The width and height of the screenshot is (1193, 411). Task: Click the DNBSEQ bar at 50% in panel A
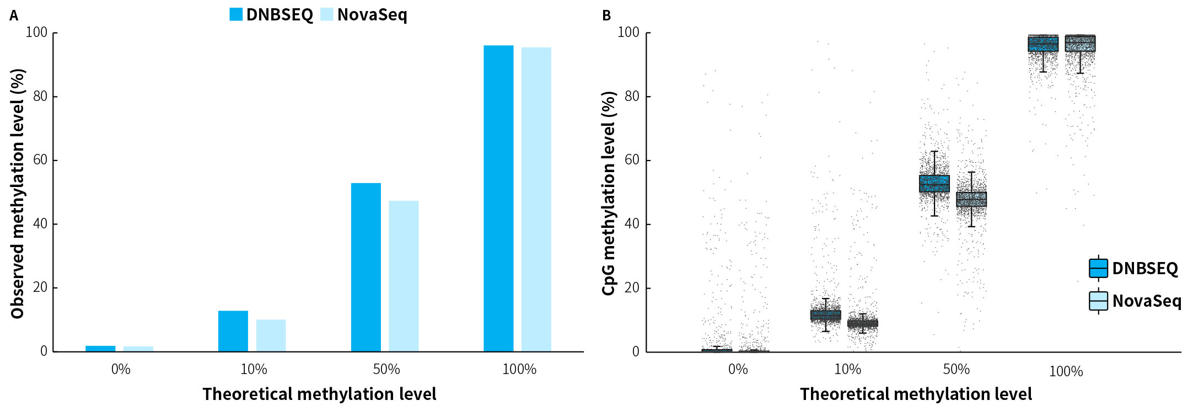tap(366, 267)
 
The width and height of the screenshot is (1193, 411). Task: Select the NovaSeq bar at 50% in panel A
tap(404, 276)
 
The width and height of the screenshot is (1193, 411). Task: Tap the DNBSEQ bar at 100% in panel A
tap(498, 199)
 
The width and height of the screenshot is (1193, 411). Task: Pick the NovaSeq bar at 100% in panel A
tap(536, 200)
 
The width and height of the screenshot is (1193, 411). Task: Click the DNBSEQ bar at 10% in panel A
tap(233, 331)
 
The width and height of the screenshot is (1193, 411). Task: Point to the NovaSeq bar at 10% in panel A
tap(271, 335)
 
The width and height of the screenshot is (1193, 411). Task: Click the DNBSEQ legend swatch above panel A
tap(236, 14)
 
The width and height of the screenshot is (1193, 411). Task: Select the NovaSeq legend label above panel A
tap(372, 15)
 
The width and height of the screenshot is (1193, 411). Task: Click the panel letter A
tap(14, 16)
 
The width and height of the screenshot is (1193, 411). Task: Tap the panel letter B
tap(606, 16)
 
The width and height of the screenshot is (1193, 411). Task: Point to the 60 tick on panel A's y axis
tap(40, 160)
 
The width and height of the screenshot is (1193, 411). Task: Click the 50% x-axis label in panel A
tap(386, 369)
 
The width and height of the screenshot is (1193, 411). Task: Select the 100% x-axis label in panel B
tap(1066, 371)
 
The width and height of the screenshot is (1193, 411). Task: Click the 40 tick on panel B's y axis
tap(632, 224)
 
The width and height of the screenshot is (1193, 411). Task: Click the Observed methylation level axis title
tap(18, 193)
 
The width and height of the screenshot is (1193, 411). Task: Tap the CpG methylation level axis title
tap(609, 193)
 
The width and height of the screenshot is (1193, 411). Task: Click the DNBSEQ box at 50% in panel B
tap(934, 184)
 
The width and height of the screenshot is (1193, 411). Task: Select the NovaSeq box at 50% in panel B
tap(971, 199)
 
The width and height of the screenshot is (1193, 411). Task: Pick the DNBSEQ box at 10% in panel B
tap(825, 315)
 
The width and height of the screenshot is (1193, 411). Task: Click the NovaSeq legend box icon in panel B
tap(1098, 301)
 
